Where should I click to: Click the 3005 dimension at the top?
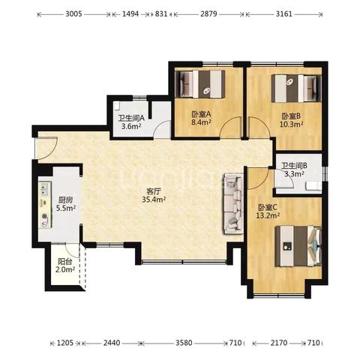coord(73,13)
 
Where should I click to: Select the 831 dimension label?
coord(161,13)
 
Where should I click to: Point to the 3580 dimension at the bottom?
coord(184,343)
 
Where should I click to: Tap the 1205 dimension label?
coord(65,343)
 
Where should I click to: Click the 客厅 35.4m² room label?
coord(154,196)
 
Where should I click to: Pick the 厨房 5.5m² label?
coord(66,204)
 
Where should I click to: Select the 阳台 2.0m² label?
coord(65,265)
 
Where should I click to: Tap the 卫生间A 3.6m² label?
coord(131,122)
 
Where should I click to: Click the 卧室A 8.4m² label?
coord(202,118)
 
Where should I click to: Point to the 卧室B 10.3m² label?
coord(291,120)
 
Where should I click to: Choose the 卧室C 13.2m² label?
coord(268,211)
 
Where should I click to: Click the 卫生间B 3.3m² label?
coord(295,169)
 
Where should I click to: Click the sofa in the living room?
coord(233,204)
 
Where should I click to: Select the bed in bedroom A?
coord(200,84)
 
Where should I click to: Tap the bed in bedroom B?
coord(296,88)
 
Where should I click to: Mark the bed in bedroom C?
coord(298,246)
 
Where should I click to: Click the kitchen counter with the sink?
coord(45,205)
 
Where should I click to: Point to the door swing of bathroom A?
coord(162,129)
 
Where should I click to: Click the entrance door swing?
coord(46,148)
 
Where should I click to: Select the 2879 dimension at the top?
coord(208,13)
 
